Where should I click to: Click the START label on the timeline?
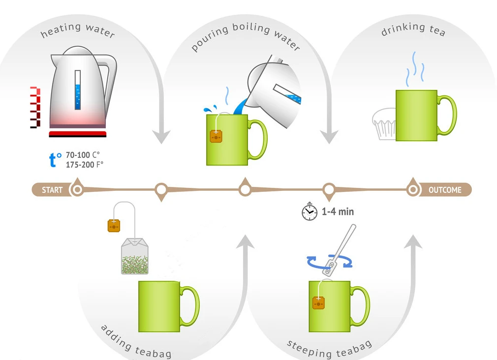pos(52,190)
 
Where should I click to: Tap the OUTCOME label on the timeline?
pos(444,190)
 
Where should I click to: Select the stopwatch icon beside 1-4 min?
pos(309,211)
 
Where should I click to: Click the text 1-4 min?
pos(338,212)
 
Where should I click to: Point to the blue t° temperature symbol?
pos(55,160)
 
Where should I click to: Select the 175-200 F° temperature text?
pos(84,165)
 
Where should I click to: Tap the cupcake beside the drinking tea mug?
pos(384,123)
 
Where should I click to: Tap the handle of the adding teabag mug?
pos(191,305)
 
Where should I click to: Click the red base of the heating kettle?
pos(78,134)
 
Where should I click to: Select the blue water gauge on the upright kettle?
pos(78,90)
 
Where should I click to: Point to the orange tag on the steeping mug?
pos(318,302)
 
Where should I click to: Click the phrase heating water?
pos(78,30)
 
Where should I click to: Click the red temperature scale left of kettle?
pos(34,107)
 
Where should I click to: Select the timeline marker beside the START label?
pos(77,190)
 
